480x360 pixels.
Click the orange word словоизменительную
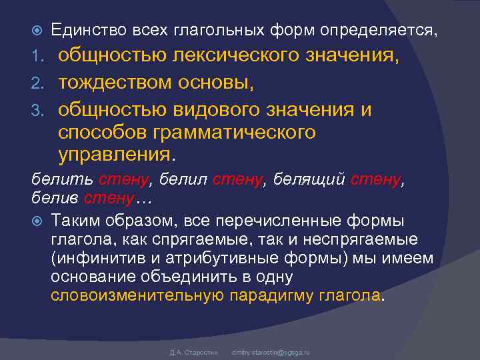click(137, 295)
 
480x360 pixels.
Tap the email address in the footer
click(270, 351)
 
